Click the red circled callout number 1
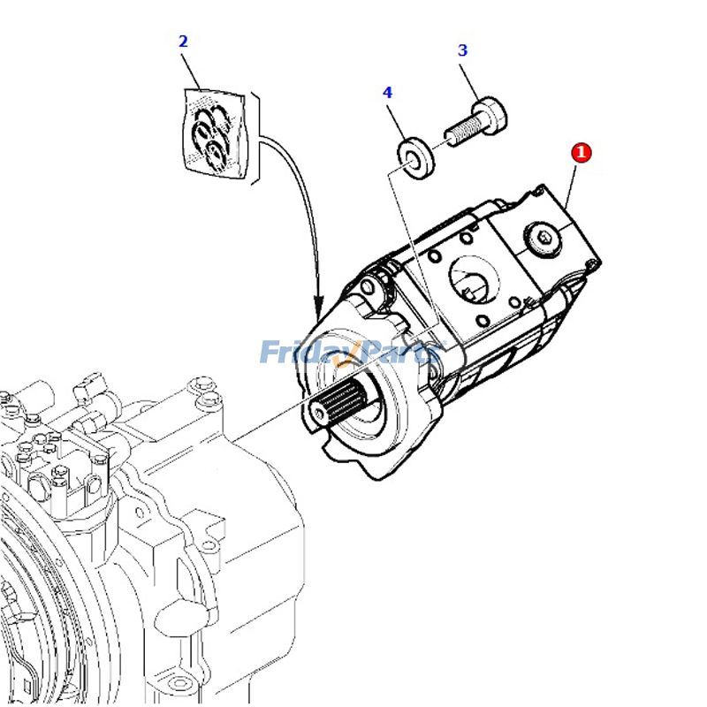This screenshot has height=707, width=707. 581,152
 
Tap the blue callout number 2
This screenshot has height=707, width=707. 183,42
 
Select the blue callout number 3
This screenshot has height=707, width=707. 462,50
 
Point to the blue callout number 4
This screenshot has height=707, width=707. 387,92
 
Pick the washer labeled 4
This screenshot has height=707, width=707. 416,157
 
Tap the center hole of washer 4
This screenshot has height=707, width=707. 412,157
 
